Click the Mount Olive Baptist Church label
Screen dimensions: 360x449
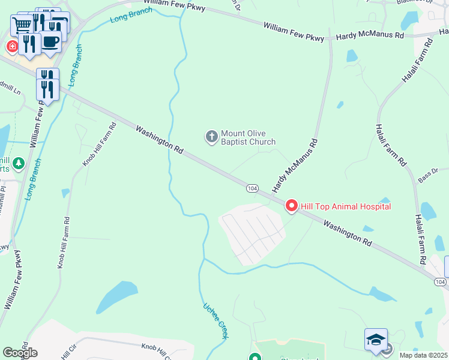[248, 137]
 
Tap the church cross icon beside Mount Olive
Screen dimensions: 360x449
[211, 137]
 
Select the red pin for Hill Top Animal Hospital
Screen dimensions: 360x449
[292, 206]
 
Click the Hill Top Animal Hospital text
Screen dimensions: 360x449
[346, 206]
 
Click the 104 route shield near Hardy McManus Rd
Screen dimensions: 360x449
[252, 188]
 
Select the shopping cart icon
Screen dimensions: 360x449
[22, 25]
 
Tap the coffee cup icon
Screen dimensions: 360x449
[50, 43]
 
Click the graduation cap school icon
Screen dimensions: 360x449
[376, 340]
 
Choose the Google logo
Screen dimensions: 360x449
[20, 353]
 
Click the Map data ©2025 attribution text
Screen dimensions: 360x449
[423, 355]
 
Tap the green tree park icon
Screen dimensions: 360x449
[19, 163]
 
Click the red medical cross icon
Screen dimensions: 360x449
[11, 46]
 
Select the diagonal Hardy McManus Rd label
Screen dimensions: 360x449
[294, 166]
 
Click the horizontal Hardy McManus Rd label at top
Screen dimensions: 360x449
[370, 36]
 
